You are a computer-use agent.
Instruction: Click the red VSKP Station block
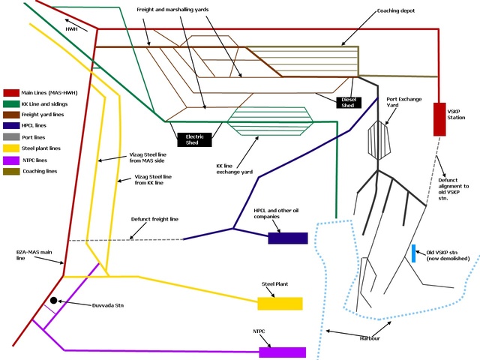(440, 119)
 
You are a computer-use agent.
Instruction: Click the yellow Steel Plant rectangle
(280, 303)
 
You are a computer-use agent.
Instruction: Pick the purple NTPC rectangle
(283, 352)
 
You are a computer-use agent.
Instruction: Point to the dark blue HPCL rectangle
(288, 238)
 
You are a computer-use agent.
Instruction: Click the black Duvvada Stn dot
(53, 301)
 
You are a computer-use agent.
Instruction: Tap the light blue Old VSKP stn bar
(413, 253)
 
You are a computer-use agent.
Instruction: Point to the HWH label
(72, 28)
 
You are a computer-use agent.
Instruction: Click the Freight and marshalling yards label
(172, 9)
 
